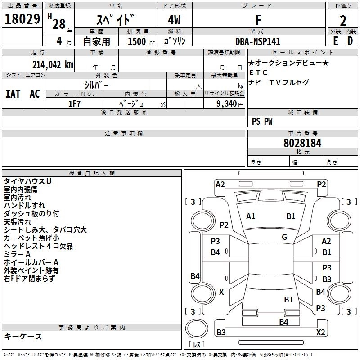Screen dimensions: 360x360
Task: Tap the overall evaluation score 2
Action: tap(343, 21)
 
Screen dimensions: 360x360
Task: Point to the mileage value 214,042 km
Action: tap(53, 65)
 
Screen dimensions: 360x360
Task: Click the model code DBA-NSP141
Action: tap(258, 41)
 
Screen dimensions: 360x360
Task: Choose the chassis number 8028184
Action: tap(302, 143)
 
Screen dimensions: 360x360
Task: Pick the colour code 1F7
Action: tap(74, 103)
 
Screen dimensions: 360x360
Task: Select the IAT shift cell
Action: tap(13, 94)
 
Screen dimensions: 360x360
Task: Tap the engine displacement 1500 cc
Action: tap(137, 41)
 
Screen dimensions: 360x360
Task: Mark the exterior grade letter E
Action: tap(336, 41)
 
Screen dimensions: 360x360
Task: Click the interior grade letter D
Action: tap(350, 41)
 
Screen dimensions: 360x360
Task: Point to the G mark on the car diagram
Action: tap(284, 237)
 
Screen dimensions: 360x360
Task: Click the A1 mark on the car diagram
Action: tap(251, 216)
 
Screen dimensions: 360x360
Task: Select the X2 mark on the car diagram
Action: tap(321, 333)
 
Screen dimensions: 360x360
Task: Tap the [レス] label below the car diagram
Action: tap(197, 345)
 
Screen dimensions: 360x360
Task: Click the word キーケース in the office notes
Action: tap(23, 337)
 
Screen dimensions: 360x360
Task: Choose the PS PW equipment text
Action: tap(262, 121)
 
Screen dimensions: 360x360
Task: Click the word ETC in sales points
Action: tap(258, 72)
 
